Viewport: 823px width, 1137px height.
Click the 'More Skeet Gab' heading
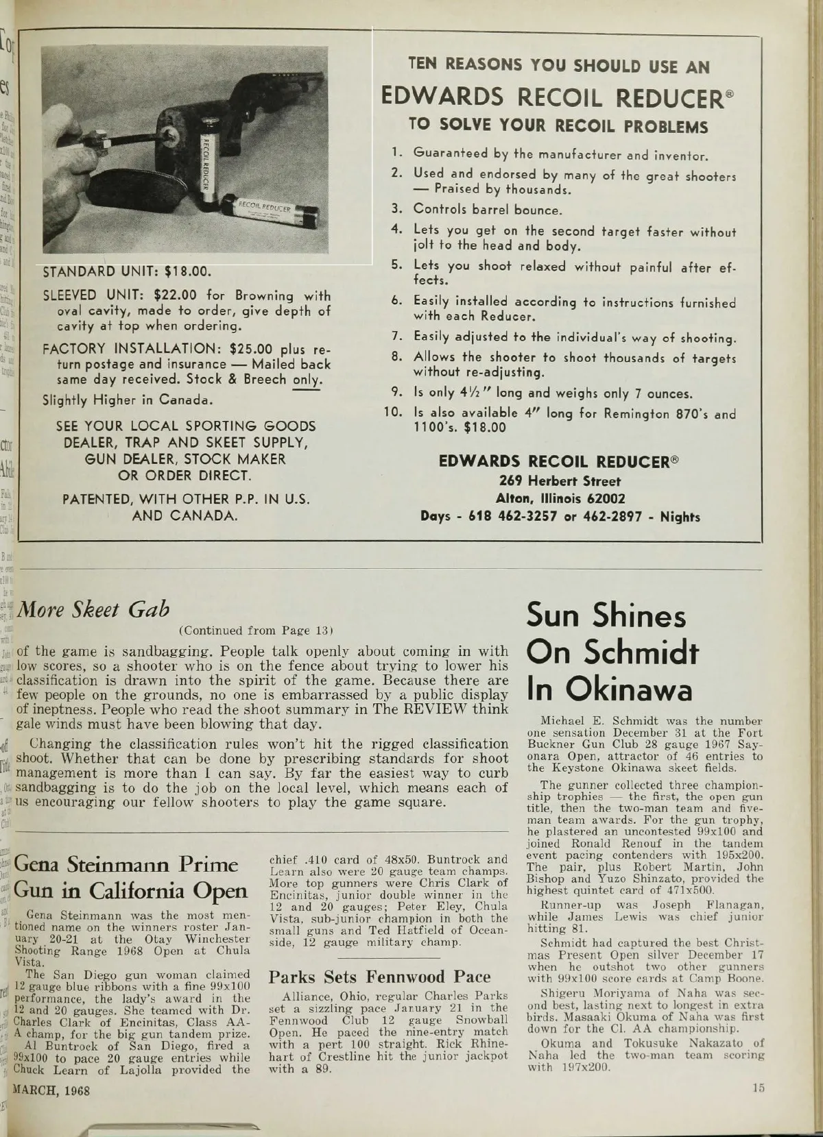tap(95, 609)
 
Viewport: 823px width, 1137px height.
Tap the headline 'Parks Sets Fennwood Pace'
tap(379, 977)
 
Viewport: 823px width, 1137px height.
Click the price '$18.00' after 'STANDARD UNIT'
tap(184, 271)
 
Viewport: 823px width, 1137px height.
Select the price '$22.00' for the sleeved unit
tap(176, 295)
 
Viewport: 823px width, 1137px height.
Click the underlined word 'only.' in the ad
tap(307, 380)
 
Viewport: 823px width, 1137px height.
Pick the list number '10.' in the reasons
tap(394, 413)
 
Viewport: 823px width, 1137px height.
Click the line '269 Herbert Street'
tap(560, 481)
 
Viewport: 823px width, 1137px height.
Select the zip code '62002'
tap(604, 498)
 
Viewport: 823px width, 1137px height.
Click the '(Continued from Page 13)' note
tap(256, 631)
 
